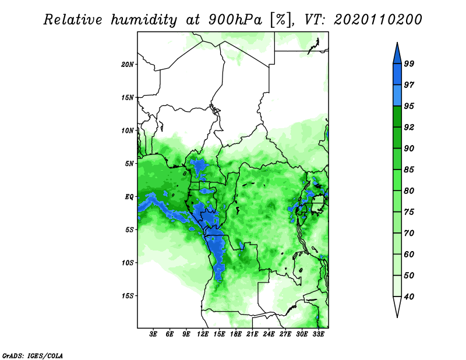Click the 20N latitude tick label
point(127,65)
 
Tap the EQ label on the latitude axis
point(129,197)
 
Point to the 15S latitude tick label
point(127,296)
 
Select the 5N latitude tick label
point(129,164)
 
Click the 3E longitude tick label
point(153,334)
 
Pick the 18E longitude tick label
point(236,334)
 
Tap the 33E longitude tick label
point(318,334)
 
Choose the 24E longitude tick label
point(269,334)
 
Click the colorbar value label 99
point(409,63)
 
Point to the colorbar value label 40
point(409,297)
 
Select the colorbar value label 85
point(409,170)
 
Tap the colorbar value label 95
point(409,106)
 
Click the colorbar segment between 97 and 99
point(397,75)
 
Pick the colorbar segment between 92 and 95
point(397,117)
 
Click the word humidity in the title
point(144,20)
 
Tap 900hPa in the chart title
point(235,20)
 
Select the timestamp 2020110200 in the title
point(377,20)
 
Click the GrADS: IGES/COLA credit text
point(33,355)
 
